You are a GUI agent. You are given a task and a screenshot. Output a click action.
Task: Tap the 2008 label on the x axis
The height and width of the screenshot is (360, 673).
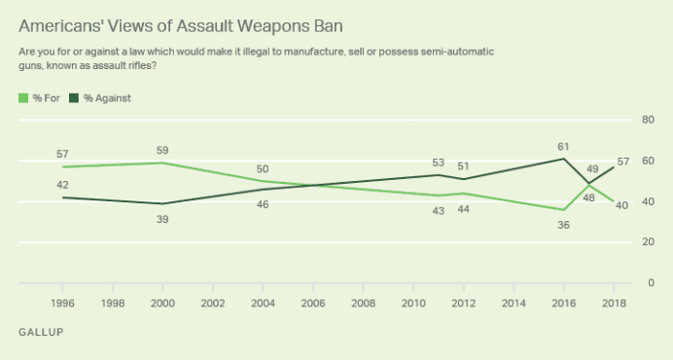[x=362, y=304]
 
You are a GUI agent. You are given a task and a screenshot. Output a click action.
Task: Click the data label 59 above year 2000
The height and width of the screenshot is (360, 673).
[x=161, y=150]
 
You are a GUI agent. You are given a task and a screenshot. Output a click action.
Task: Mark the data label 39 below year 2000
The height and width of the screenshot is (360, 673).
[x=161, y=219]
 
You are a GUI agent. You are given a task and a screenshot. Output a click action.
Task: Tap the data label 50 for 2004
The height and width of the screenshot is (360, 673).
[x=263, y=168]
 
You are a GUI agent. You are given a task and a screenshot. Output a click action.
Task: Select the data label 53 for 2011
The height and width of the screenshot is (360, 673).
[x=439, y=162]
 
